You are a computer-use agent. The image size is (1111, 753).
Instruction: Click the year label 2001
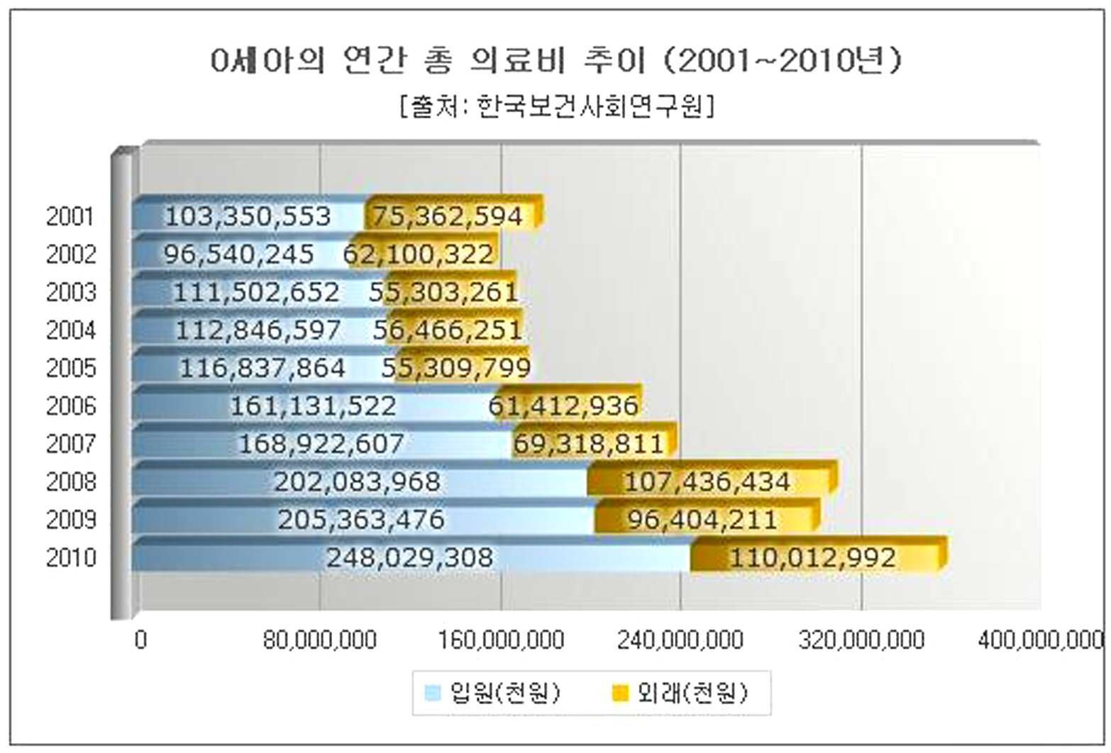tap(70, 217)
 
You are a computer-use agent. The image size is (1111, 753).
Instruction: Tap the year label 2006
tap(71, 406)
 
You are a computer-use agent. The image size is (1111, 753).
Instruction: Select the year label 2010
tap(71, 558)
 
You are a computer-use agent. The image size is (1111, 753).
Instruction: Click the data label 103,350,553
tap(248, 217)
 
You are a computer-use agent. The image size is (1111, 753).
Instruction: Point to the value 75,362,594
tap(448, 217)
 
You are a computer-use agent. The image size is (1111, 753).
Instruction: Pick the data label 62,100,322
tap(418, 255)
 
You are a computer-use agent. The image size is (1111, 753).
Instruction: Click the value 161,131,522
tap(313, 406)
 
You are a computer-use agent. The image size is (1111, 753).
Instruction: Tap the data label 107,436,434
tap(707, 482)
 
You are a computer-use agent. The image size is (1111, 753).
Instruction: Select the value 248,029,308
tap(409, 558)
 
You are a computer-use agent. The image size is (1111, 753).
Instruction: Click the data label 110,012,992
tap(812, 558)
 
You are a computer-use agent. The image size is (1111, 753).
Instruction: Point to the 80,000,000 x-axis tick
tap(320, 640)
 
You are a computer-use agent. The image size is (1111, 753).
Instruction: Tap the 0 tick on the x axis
tap(141, 640)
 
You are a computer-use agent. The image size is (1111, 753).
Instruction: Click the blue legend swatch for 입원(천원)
tap(433, 693)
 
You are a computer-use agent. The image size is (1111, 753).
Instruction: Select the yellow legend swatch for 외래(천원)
tap(621, 693)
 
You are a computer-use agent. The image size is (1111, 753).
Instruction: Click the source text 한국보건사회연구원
tap(590, 106)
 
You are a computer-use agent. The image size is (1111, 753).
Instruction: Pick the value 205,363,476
tap(361, 520)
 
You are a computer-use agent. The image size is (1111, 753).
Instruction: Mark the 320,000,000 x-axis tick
tap(861, 640)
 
